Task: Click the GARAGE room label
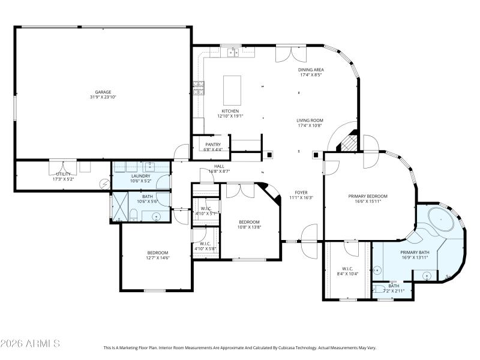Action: (103, 92)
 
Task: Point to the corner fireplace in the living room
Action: (349, 142)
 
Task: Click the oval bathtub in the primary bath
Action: (443, 220)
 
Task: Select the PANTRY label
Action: (212, 144)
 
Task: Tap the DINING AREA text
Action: (312, 70)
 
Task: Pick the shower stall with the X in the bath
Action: (121, 207)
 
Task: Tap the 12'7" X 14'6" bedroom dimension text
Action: (158, 258)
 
